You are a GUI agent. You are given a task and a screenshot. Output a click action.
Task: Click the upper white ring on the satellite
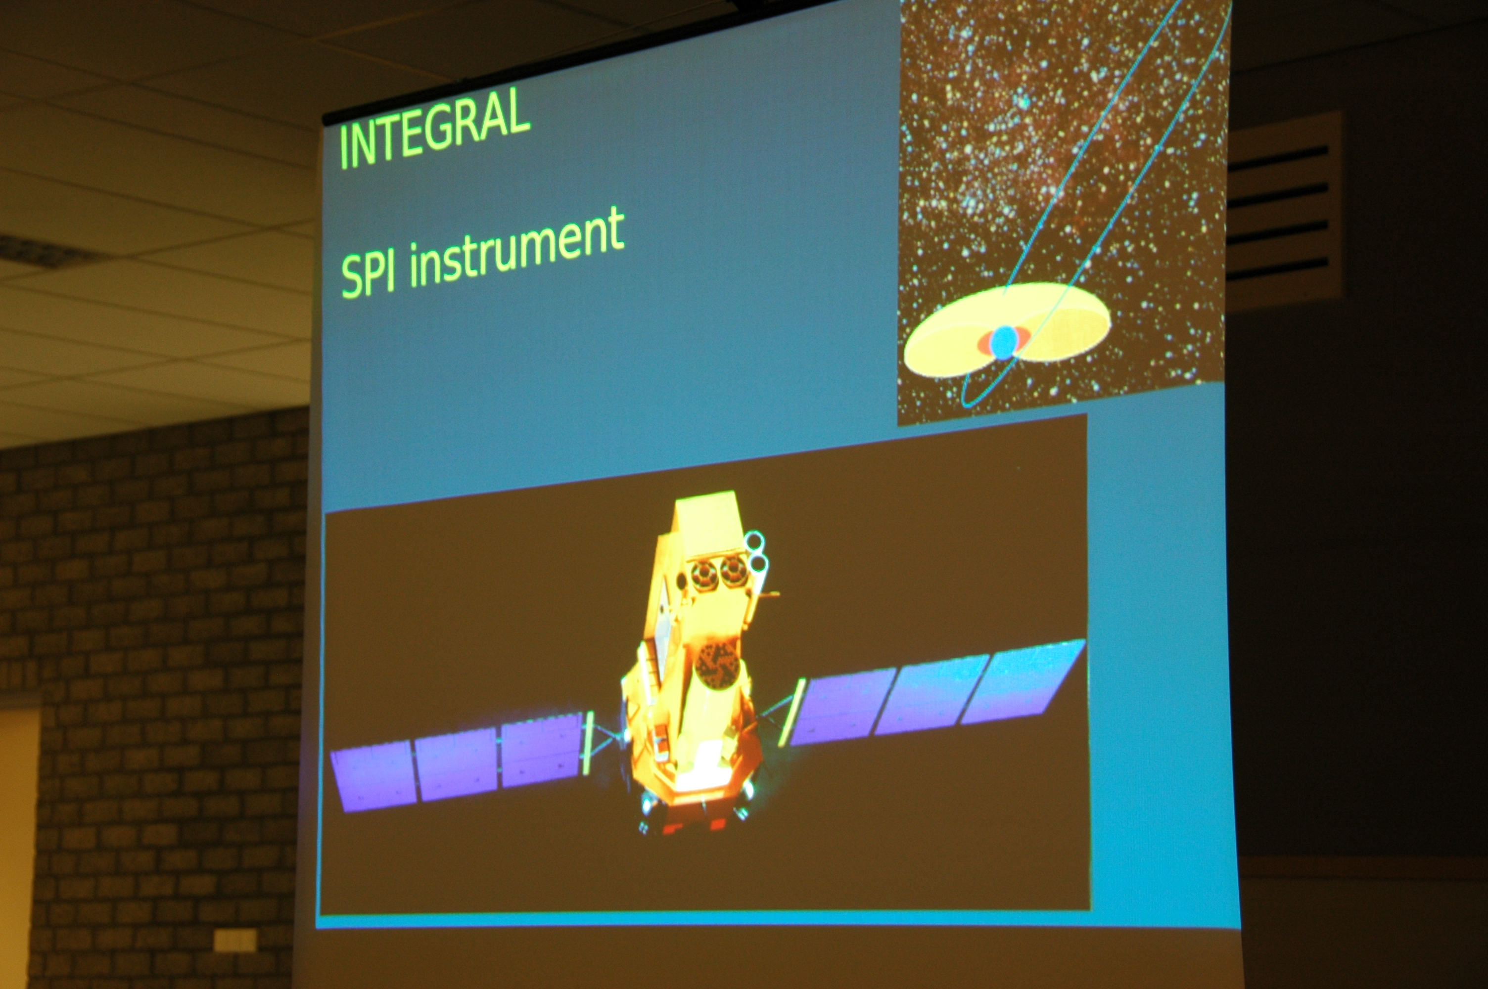[754, 540]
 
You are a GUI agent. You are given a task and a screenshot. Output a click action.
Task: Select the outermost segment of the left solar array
[373, 776]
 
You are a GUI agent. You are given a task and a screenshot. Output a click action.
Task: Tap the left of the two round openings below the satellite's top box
[704, 574]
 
